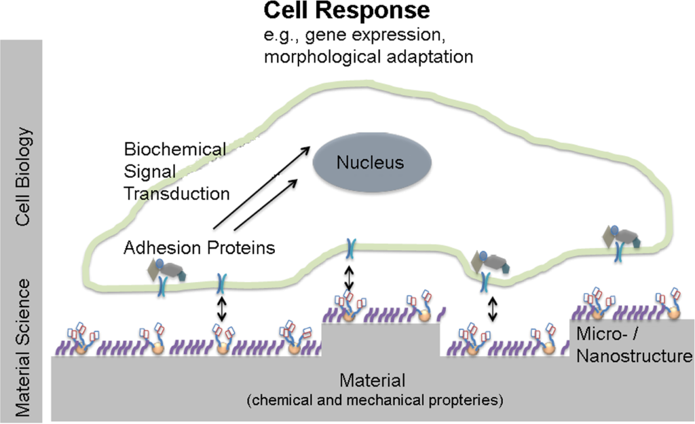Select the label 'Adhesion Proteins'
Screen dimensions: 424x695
(200, 248)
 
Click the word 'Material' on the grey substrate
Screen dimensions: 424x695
(372, 380)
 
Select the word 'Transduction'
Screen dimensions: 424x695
(176, 193)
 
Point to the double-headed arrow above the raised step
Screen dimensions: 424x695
(350, 277)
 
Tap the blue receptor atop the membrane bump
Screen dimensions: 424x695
(350, 247)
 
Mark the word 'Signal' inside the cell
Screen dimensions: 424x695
(145, 171)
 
